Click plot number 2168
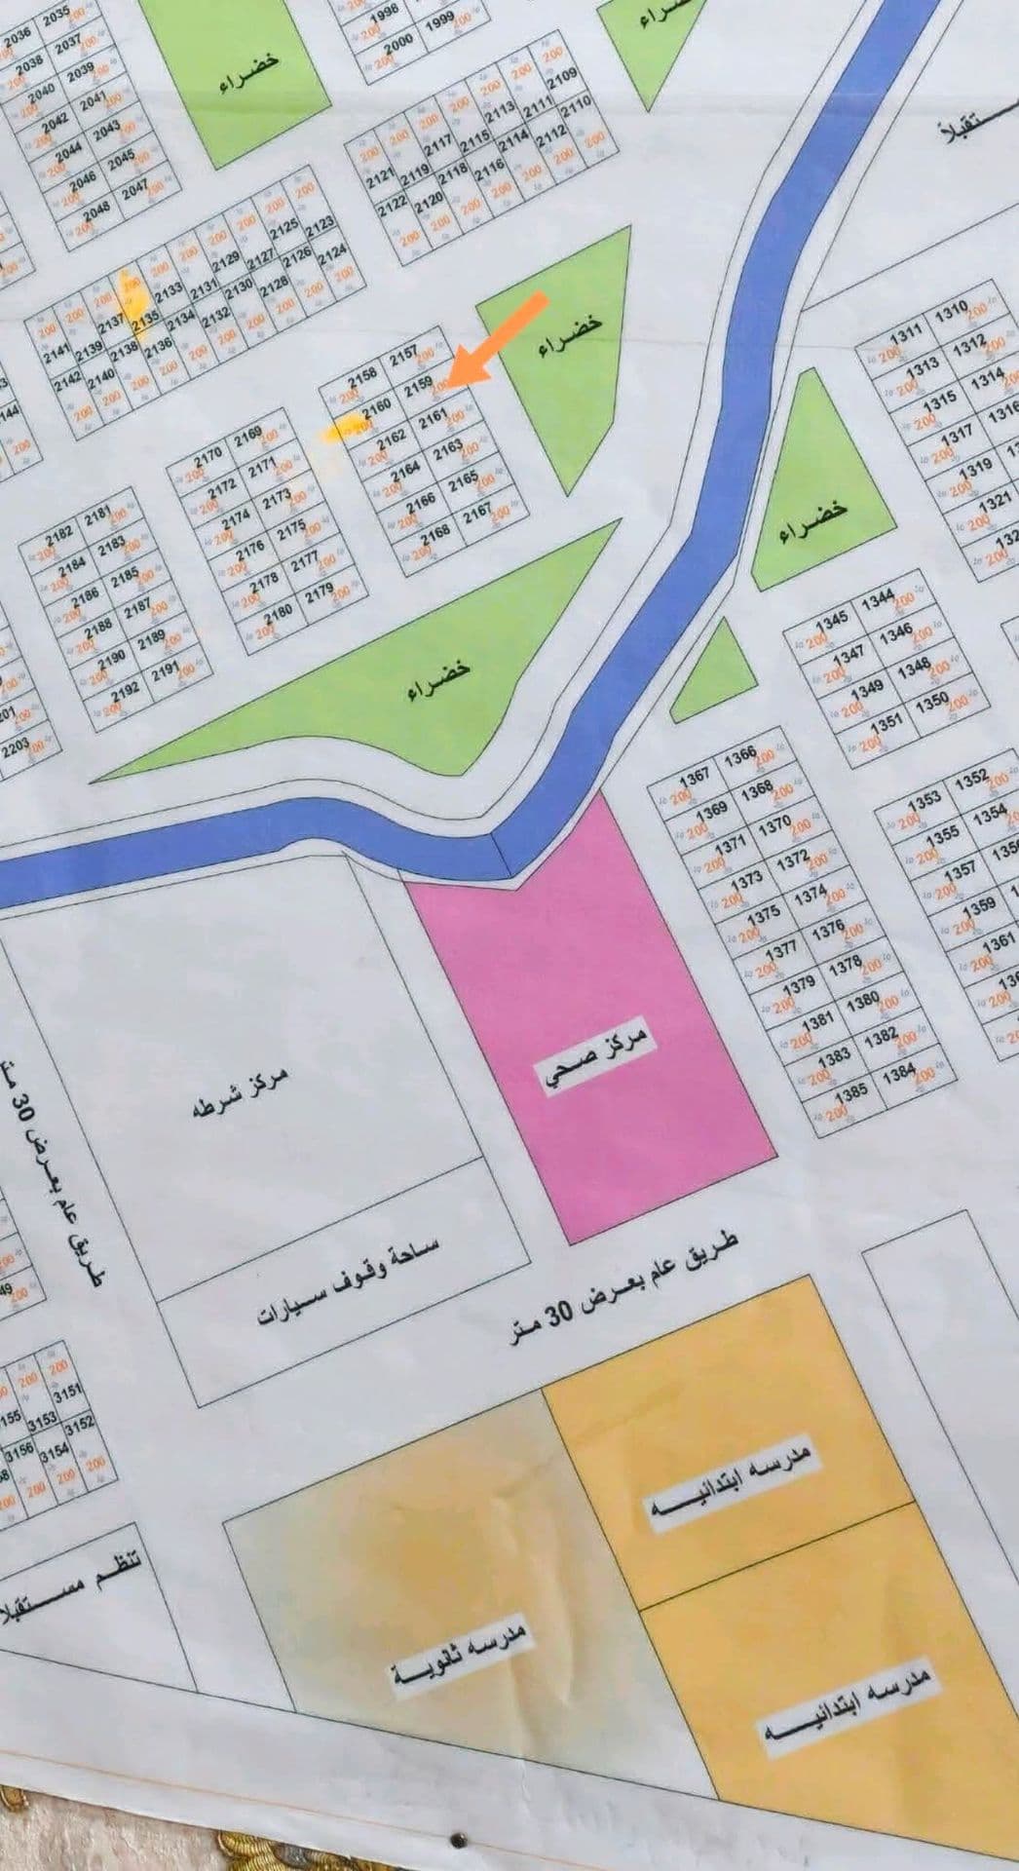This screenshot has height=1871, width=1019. coord(434,533)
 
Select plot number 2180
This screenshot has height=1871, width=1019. coord(279,612)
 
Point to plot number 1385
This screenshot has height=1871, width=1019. coord(851,1092)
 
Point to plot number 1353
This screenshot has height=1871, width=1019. coord(925,799)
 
